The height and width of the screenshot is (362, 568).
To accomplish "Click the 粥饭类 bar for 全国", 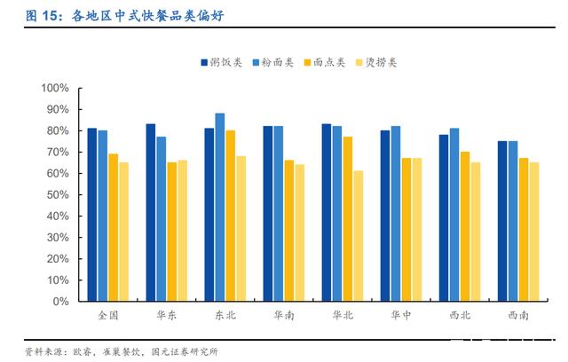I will [x=92, y=215].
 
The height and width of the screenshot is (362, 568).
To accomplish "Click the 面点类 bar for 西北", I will [x=465, y=226].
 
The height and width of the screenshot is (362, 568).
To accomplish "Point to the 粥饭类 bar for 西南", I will [x=502, y=221].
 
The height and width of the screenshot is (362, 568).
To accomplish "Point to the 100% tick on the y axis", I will [x=55, y=88].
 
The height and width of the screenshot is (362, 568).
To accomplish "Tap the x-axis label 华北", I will [x=343, y=315].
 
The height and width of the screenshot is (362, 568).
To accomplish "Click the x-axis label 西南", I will [x=518, y=315].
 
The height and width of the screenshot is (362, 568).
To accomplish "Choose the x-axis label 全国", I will [x=108, y=315].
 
